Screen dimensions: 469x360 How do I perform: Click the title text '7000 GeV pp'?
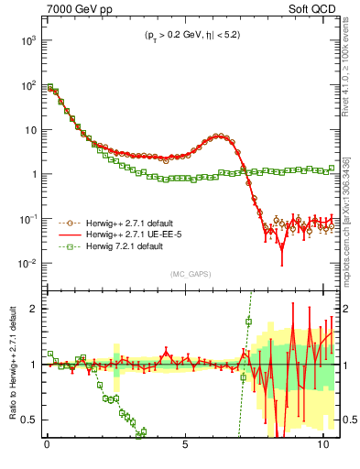pyautogui.click(x=76, y=10)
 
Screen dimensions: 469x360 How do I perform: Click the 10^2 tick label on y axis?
pyautogui.click(x=27, y=85)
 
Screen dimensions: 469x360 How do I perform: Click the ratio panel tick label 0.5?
pyautogui.click(x=30, y=420)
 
